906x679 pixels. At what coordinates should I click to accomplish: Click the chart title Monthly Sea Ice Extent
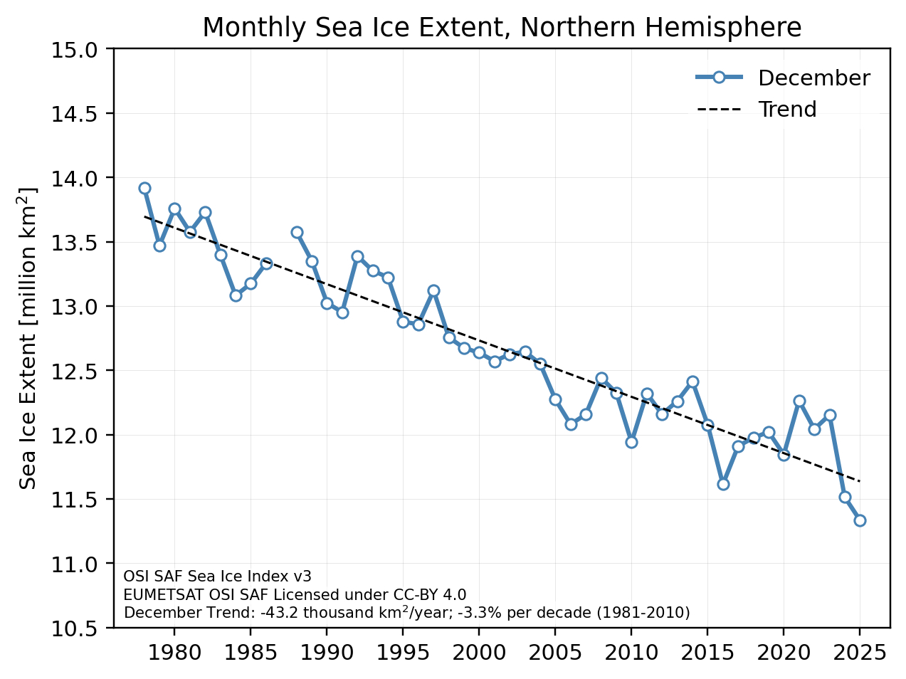[502, 28]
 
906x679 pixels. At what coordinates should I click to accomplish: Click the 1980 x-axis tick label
[174, 653]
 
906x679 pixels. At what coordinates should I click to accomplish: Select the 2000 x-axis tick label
[479, 653]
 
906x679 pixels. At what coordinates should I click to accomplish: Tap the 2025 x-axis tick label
[860, 653]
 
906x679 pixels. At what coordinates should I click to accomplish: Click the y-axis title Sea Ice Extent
[28, 339]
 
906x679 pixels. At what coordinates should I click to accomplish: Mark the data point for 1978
[144, 188]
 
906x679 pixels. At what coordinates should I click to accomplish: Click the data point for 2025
[860, 520]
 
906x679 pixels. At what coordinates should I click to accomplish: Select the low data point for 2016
[723, 484]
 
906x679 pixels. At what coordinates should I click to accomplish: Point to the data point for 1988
[297, 232]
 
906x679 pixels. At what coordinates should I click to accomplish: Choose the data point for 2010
[631, 442]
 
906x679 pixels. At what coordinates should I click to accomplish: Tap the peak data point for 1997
[433, 290]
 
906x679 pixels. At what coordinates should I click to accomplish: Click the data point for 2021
[799, 401]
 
